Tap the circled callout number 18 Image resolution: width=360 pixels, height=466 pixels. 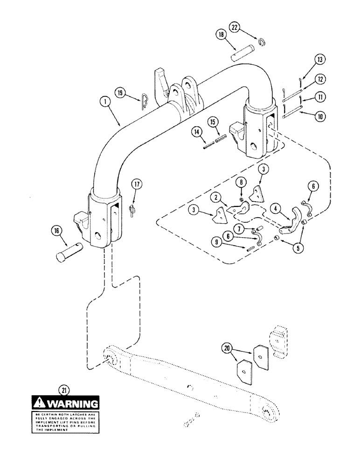(221, 35)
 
